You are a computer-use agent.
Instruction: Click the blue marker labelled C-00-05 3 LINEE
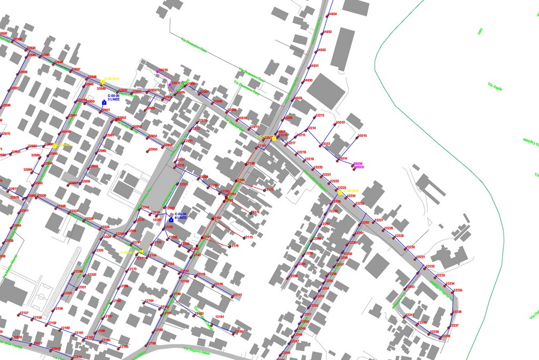coord(104,103)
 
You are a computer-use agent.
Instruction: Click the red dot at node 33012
coord(334,124)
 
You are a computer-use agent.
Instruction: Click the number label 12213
coord(320,115)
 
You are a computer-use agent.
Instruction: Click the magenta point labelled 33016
coord(158,71)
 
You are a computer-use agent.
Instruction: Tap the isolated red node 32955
coord(147,151)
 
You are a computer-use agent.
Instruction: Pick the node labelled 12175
coord(244,238)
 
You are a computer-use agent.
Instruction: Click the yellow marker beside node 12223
coord(340,193)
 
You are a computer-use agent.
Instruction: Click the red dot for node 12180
coord(233,333)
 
